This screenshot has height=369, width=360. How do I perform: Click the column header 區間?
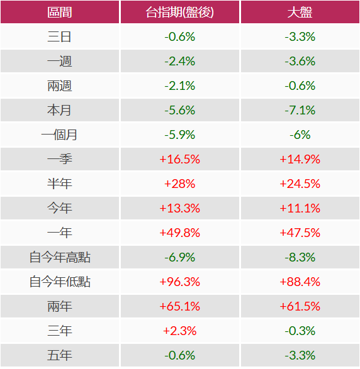60,13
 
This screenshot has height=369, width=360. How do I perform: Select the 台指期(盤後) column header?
179,13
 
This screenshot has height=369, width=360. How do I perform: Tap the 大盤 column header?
300,13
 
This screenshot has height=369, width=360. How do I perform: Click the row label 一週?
60,62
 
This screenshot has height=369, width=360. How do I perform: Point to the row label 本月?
60,111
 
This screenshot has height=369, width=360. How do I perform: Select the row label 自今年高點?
60,258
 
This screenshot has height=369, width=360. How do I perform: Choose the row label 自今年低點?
60,282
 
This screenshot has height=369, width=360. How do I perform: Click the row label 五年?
60,356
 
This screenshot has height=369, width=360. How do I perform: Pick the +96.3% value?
179,282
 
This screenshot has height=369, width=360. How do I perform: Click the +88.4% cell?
300,282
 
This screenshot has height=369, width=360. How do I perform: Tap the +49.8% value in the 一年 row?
179,233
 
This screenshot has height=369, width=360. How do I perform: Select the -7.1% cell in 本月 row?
300,111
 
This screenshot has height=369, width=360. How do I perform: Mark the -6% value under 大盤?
300,135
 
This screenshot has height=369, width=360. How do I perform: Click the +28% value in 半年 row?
179,184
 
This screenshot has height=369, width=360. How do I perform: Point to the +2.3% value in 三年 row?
179,331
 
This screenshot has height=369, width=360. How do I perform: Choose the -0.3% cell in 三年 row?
300,331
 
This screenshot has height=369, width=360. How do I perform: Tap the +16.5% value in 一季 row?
179,160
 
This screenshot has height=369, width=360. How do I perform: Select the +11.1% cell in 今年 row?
300,209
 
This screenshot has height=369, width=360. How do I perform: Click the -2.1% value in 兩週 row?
179,86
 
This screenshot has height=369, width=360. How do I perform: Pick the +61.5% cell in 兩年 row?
300,307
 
